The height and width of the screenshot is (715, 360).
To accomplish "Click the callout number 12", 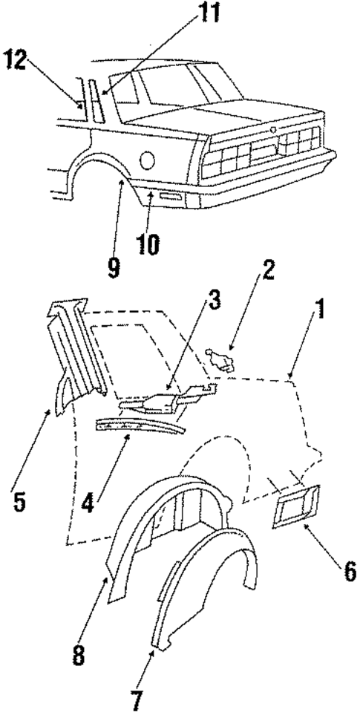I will point(16,60).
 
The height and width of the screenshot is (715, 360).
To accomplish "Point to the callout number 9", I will point(113,268).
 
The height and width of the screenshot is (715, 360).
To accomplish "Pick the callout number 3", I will point(213,302).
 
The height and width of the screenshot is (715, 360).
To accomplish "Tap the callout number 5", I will point(19,501).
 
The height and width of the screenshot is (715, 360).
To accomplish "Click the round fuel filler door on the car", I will point(148,159).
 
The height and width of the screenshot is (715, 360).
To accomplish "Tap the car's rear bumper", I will point(267,178).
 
